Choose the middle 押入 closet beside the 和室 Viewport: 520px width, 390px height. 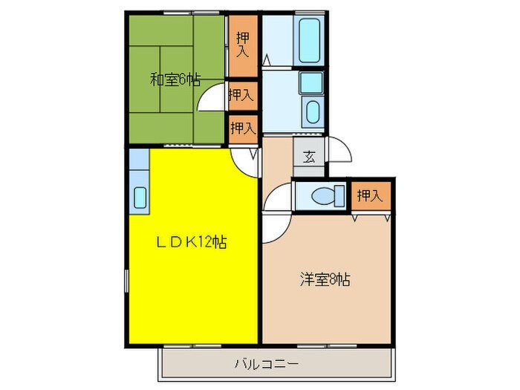click(241, 94)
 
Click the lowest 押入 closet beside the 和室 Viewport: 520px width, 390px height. click(242, 127)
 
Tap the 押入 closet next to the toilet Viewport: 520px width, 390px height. click(369, 196)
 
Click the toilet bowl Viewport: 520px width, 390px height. click(322, 196)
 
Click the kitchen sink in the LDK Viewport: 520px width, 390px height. click(140, 198)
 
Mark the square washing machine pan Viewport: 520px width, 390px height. click(311, 82)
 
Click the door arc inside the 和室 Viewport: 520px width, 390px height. click(212, 97)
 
